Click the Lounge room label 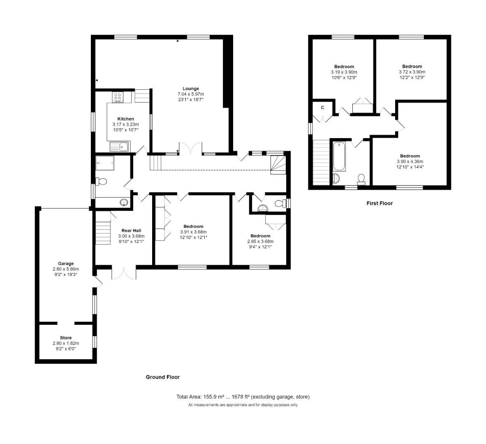pos(191,88)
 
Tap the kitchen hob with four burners pos(118,96)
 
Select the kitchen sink pos(119,146)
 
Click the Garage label pos(65,264)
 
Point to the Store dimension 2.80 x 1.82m pos(65,343)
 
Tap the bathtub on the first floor pos(339,156)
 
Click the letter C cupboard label pos(323,107)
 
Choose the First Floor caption pos(379,203)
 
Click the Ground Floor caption pos(162,377)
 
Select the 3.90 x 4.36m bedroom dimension pos(410,162)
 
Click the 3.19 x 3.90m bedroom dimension pos(344,72)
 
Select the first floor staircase pos(322,162)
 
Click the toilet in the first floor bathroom pos(361,178)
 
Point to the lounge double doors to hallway pos(190,148)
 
